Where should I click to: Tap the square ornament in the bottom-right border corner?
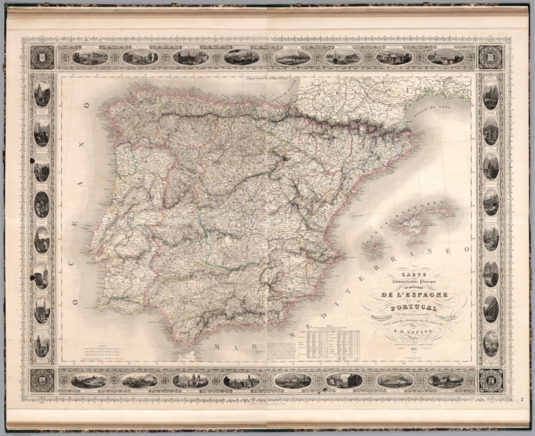(490, 380)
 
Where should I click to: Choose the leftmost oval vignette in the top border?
(90, 57)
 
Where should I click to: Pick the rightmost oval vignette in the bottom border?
(446, 380)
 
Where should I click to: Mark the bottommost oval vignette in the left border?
(42, 344)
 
